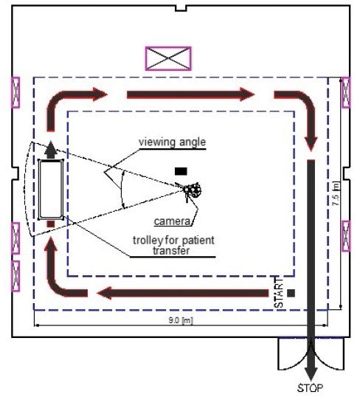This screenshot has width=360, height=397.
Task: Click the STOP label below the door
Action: click(310, 387)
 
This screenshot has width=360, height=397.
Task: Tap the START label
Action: click(279, 293)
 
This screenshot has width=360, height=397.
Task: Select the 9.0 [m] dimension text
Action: click(181, 320)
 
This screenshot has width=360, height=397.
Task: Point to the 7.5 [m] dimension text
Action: click(336, 193)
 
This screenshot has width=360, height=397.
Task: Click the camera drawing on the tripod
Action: click(192, 190)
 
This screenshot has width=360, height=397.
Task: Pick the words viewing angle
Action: click(172, 142)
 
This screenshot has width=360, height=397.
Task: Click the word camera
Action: click(172, 221)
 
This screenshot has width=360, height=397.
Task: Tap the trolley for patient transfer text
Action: click(173, 245)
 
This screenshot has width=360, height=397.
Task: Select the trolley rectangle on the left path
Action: click(51, 190)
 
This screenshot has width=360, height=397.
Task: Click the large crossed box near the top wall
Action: click(168, 58)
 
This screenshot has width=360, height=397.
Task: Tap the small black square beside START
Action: click(291, 293)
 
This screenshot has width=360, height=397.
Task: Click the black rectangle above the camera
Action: click(181, 171)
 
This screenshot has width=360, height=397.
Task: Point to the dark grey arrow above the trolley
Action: click(51, 149)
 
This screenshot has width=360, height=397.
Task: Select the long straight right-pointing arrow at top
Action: click(190, 94)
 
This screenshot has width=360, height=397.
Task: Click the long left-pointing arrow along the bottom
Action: click(182, 293)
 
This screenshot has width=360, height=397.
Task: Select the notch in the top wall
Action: click(181, 8)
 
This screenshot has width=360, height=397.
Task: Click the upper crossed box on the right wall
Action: click(346, 92)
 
